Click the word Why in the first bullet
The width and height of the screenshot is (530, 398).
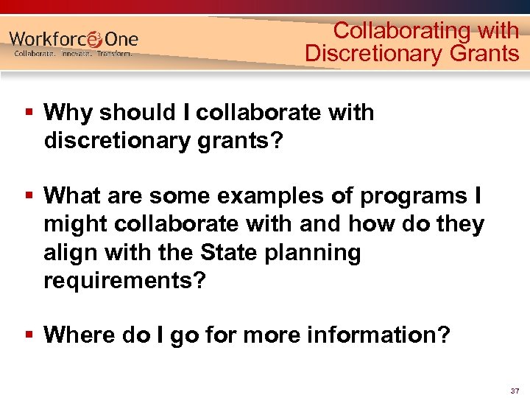point(68,113)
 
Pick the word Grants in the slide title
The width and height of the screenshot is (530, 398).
point(483,53)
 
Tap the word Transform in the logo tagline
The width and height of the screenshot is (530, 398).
point(115,54)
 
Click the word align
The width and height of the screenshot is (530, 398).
point(69,253)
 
